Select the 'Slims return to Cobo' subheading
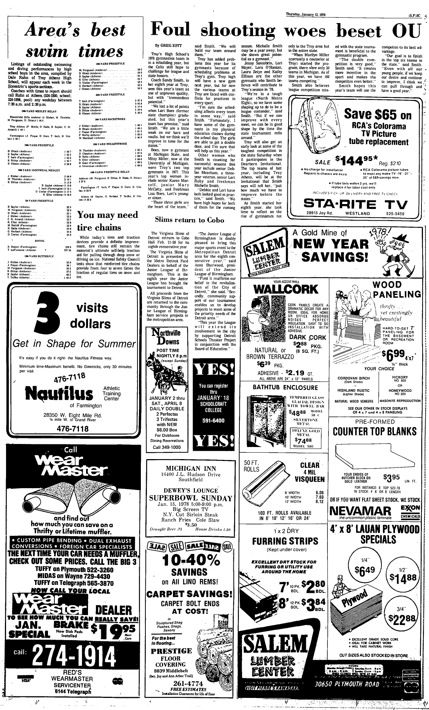[189, 220]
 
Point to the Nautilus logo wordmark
[59, 393]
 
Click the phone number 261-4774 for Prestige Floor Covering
[189, 684]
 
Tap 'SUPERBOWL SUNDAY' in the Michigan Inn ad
[191, 498]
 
